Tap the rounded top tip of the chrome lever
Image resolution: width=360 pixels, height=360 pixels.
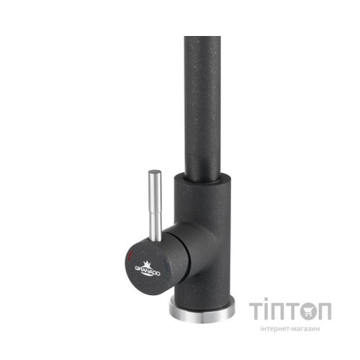153,173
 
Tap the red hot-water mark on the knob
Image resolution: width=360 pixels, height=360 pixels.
129,256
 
